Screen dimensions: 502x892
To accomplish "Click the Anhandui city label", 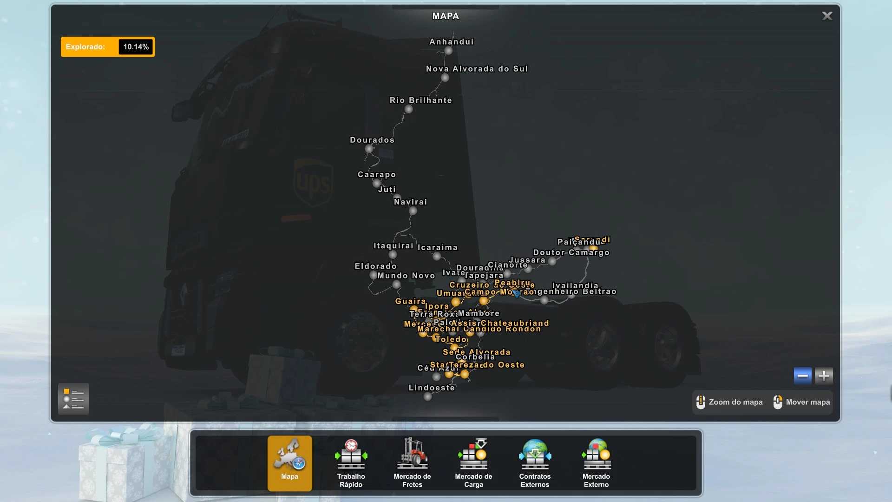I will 451,42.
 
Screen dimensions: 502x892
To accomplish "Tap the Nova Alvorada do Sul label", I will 477,69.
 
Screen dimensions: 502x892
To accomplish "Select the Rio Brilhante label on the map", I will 420,100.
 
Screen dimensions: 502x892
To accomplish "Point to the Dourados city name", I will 372,140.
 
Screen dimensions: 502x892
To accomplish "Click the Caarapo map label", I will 377,174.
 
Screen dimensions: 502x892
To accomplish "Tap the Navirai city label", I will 410,202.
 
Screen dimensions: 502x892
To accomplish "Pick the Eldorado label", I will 375,266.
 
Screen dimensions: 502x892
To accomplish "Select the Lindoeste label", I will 432,388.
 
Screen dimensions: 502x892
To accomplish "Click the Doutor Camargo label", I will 571,252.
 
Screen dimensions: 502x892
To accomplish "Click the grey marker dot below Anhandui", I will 448,51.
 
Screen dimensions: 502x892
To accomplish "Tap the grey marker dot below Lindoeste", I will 428,396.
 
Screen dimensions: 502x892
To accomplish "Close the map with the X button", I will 827,16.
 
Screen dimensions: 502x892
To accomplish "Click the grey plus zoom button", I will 824,376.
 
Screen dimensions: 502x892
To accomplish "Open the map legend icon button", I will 73,399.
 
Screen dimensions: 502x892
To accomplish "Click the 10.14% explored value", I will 136,47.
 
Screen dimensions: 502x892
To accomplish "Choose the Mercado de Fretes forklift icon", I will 412,454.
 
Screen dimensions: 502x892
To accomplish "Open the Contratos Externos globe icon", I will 535,454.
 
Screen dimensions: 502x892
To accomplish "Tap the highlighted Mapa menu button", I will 289,463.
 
